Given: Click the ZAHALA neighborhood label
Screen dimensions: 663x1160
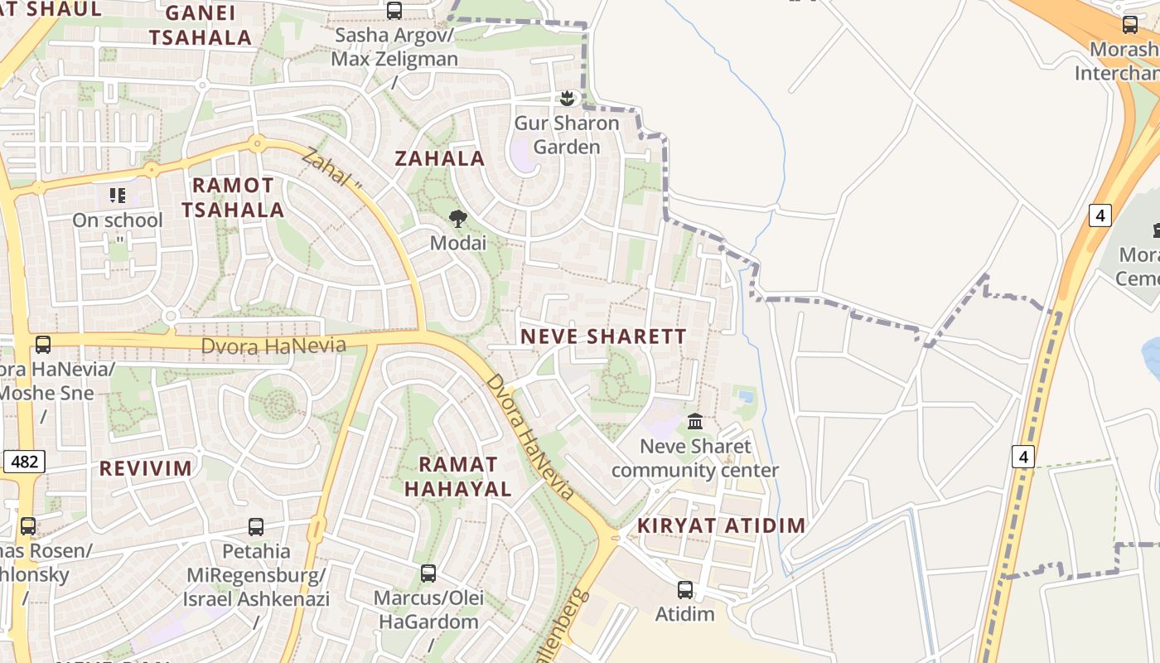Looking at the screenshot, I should (x=440, y=158).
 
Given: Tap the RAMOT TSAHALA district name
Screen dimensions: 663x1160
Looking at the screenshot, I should (x=233, y=197).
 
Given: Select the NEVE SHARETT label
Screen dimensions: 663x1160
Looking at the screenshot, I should (x=604, y=336).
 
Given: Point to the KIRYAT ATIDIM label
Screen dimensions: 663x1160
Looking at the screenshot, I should (x=721, y=525).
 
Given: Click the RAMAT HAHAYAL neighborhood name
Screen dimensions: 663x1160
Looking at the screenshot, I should (x=458, y=477).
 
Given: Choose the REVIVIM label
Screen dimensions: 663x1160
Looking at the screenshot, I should (x=146, y=468).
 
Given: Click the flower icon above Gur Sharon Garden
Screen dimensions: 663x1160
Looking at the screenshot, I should (x=567, y=99).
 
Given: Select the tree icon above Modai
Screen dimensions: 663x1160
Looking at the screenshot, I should (x=457, y=219).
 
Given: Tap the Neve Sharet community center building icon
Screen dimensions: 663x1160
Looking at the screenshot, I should (x=695, y=422).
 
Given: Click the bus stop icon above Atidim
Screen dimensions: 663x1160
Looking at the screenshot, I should (x=685, y=590).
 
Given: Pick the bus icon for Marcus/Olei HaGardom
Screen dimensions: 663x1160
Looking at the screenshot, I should (x=428, y=573).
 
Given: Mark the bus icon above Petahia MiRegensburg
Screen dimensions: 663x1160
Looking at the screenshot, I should (x=256, y=527).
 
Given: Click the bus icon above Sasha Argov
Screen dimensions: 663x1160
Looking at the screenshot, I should (x=394, y=11).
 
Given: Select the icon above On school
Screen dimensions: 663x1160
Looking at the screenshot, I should (x=118, y=196).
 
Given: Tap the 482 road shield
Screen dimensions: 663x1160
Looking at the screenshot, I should (x=24, y=462).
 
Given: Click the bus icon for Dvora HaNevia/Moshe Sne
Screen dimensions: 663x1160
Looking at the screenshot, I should (x=43, y=345).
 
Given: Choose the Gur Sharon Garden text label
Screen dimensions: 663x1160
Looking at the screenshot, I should (x=567, y=135).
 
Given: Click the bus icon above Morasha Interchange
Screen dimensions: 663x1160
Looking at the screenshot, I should (x=1130, y=25).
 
